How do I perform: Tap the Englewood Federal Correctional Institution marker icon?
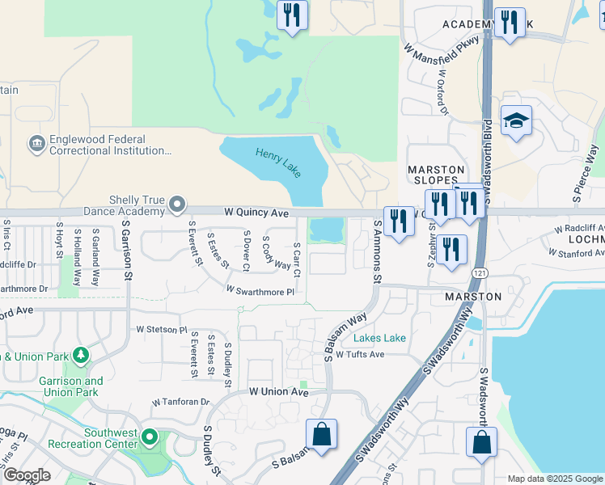tap(37, 144)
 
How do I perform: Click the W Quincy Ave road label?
tap(256, 213)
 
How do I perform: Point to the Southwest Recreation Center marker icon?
tap(150, 437)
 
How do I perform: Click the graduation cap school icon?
tap(516, 122)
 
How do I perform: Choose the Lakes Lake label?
tap(379, 339)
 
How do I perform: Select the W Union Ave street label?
tap(279, 392)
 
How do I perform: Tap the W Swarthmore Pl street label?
tap(260, 289)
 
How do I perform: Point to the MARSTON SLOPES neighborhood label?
tap(436, 176)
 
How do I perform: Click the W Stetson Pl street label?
tap(162, 330)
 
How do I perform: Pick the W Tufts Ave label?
tap(360, 354)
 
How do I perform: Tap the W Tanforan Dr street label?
tap(181, 402)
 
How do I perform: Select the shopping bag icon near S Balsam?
tap(321, 434)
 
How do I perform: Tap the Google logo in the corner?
tap(27, 475)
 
